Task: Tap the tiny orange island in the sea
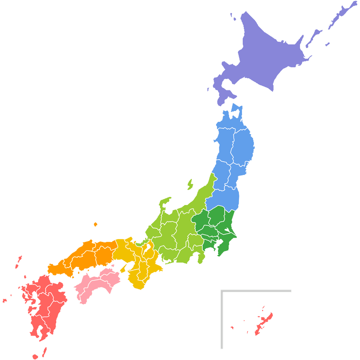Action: (96, 224)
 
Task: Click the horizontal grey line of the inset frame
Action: (257, 291)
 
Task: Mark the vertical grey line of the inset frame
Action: (221, 320)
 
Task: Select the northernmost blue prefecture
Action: (230, 120)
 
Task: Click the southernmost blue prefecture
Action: (223, 198)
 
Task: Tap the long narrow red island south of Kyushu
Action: (44, 351)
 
